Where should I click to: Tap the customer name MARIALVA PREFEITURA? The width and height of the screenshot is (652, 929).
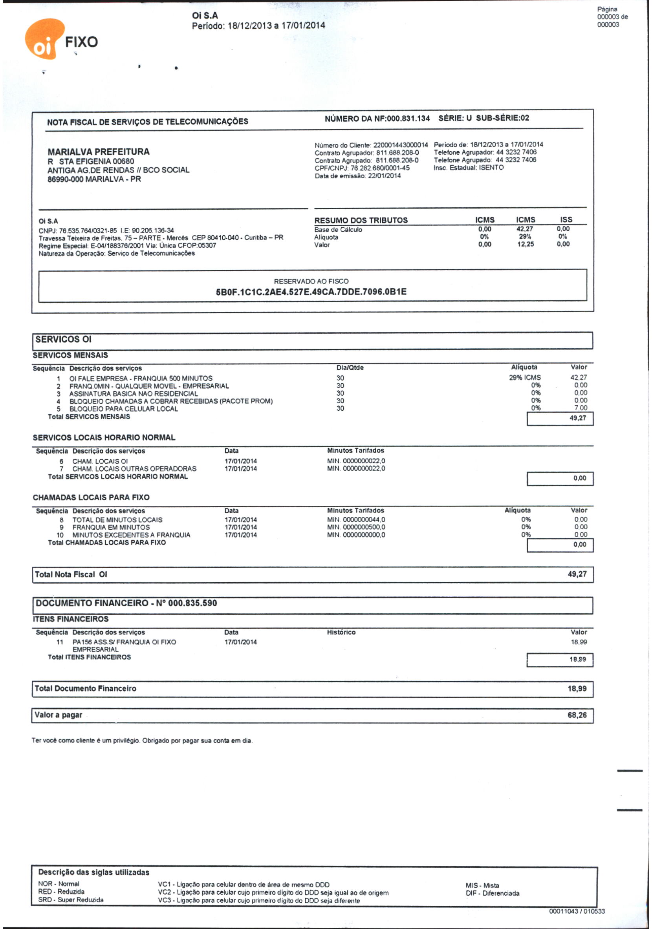click(x=98, y=152)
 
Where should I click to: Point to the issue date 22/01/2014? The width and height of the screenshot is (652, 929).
click(x=384, y=176)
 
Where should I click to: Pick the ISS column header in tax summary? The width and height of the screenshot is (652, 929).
click(x=566, y=220)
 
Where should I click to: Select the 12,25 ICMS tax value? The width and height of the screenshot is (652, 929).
click(x=525, y=244)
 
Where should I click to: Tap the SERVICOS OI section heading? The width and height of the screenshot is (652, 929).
click(x=64, y=340)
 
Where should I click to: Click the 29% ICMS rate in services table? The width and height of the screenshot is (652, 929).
click(x=524, y=377)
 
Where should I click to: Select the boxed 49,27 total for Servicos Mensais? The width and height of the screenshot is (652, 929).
click(x=577, y=418)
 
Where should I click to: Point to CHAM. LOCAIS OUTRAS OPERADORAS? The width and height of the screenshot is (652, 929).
click(x=134, y=468)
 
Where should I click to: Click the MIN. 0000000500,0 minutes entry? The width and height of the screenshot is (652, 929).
click(x=356, y=527)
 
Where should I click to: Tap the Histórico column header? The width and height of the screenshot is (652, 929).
click(x=341, y=632)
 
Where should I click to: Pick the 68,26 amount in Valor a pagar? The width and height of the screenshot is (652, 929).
click(x=577, y=715)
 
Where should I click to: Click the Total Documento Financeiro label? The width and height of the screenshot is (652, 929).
click(x=85, y=688)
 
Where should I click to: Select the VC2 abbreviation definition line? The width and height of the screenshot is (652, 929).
click(x=273, y=892)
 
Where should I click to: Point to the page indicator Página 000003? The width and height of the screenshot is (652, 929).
click(x=611, y=16)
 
